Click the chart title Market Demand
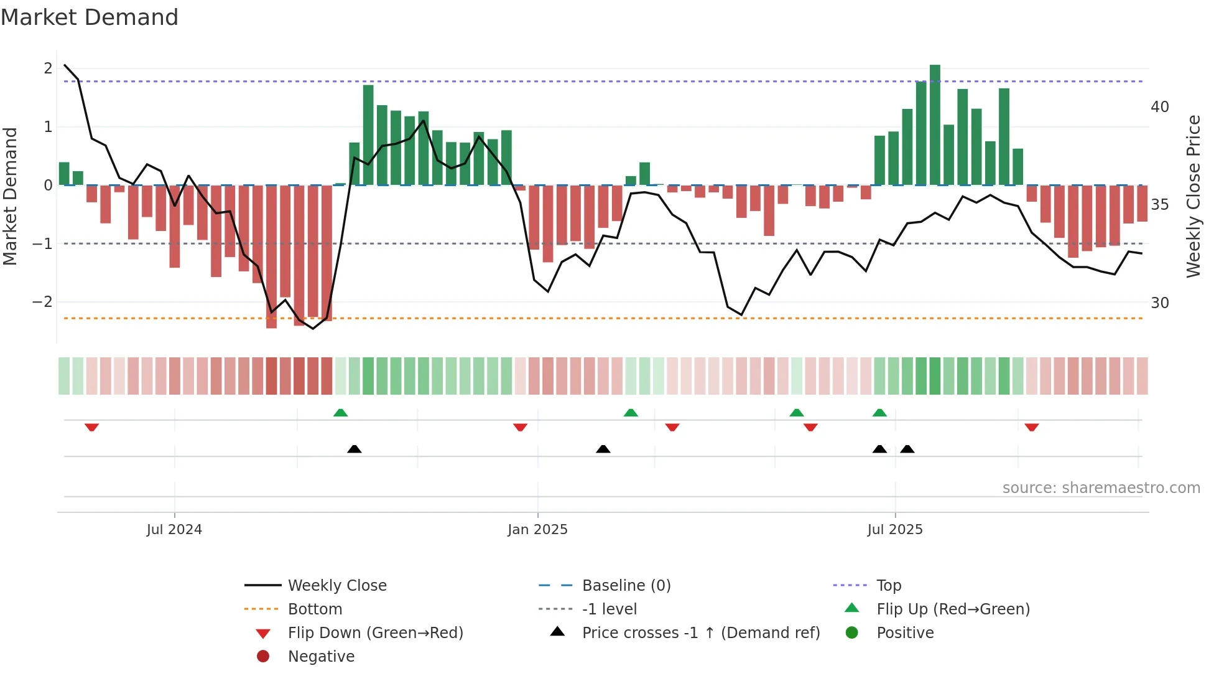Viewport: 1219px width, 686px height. [x=90, y=17]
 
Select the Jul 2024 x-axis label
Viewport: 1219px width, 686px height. [x=174, y=530]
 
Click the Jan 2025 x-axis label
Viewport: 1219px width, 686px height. [x=537, y=530]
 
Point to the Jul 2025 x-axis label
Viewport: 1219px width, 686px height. [x=895, y=530]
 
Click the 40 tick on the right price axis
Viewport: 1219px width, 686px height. [x=1159, y=107]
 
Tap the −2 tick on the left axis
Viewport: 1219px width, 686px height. [x=43, y=302]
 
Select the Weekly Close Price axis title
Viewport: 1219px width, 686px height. [x=1193, y=196]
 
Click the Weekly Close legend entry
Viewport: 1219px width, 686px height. [x=336, y=586]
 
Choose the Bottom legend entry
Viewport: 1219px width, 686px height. [x=315, y=609]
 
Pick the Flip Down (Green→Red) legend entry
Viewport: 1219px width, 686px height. [x=375, y=633]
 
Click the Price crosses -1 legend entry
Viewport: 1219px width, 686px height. [x=700, y=633]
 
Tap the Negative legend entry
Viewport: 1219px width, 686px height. [x=321, y=657]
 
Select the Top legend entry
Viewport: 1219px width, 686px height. [x=888, y=586]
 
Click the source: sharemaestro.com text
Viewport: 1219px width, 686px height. [x=1101, y=488]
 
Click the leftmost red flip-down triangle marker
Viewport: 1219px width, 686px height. [x=92, y=427]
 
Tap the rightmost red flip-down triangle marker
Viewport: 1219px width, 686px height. [x=1032, y=427]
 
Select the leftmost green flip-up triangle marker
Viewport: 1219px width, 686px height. [x=340, y=413]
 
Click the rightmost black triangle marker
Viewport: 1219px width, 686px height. [x=907, y=449]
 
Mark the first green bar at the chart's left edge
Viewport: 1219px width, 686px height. [x=64, y=174]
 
